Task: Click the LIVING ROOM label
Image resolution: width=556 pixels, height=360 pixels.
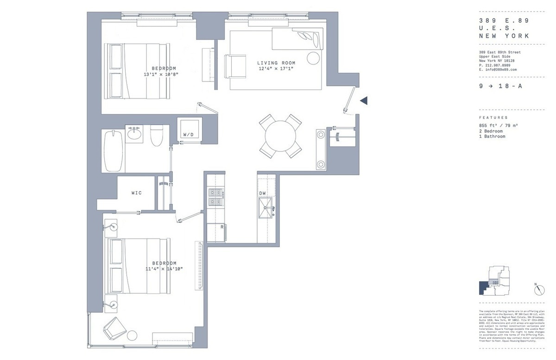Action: click(276, 63)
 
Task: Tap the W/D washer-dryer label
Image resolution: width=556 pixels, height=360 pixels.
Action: click(189, 135)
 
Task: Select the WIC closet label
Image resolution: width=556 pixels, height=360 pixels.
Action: click(136, 192)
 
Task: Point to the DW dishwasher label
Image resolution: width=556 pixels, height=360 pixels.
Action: click(262, 193)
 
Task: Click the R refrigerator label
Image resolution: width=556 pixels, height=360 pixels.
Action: click(222, 227)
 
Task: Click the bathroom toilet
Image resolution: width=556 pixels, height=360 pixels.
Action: click(156, 136)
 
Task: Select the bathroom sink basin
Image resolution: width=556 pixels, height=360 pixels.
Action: click(135, 135)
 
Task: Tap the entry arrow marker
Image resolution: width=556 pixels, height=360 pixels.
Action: click(364, 100)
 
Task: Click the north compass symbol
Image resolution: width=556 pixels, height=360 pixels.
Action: click(539, 290)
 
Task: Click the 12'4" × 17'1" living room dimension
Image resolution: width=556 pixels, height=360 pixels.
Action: click(276, 69)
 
